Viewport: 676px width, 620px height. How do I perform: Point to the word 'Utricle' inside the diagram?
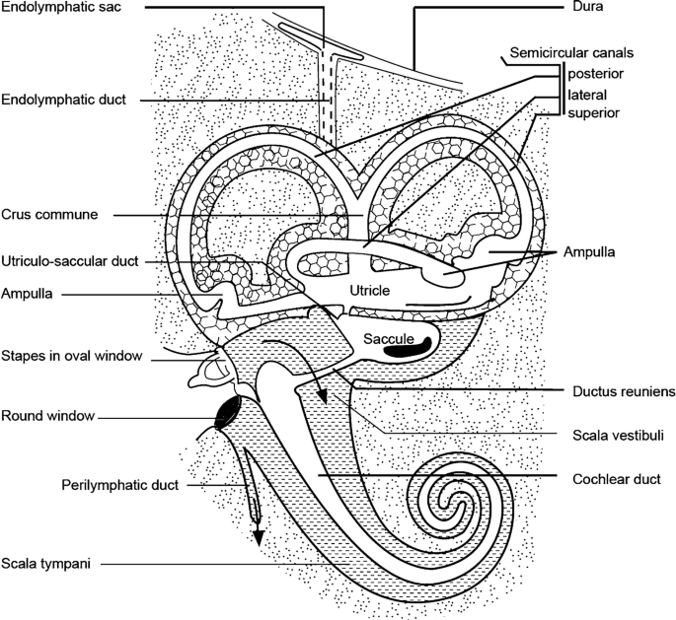371,291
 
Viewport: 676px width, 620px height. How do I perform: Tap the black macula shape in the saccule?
407,345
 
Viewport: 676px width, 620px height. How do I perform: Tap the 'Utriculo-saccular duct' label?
69,261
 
